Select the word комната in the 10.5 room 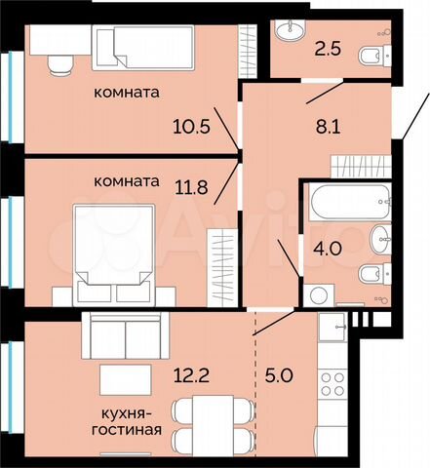click(x=127, y=94)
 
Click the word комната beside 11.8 click(x=127, y=181)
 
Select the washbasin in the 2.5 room click(x=290, y=33)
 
